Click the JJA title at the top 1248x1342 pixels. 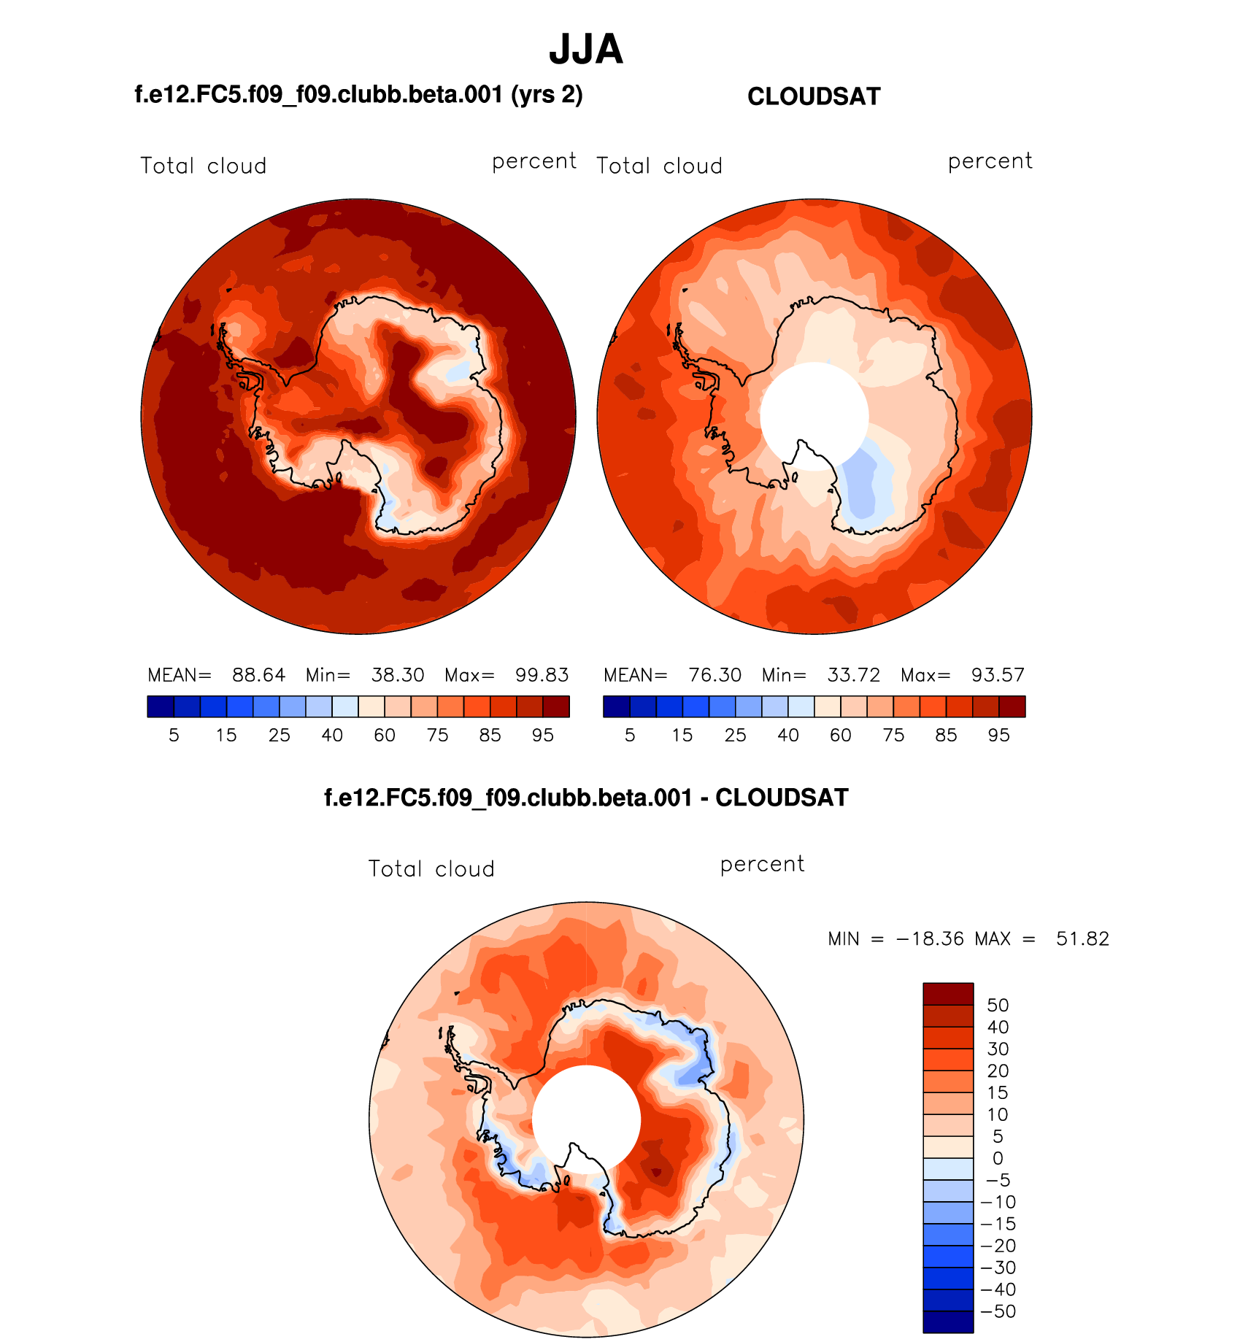(586, 50)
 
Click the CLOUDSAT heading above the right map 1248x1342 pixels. (814, 97)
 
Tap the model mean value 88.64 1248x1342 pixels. (258, 675)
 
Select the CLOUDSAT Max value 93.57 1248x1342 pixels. (998, 675)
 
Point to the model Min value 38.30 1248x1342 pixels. (398, 675)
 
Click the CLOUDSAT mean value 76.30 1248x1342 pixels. (714, 675)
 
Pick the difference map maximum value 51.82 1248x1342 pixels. (1082, 939)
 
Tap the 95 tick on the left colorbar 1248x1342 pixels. (543, 736)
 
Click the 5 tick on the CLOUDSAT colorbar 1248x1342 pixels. (630, 736)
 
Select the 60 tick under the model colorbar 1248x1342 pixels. (385, 736)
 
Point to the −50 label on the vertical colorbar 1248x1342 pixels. (998, 1311)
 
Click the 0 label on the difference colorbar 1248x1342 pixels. (998, 1158)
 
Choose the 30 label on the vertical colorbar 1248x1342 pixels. (998, 1049)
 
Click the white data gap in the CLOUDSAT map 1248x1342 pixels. (814, 414)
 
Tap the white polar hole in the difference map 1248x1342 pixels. (586, 1119)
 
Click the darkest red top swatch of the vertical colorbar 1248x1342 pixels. (948, 994)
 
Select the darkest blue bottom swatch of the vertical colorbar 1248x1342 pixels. (948, 1322)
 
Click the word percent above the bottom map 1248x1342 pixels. (762, 864)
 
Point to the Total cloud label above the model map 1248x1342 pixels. (204, 166)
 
